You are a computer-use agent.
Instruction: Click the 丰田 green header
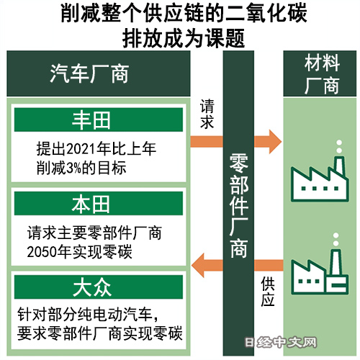(99, 120)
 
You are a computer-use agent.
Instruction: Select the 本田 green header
(99, 203)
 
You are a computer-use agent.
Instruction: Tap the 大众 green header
(99, 287)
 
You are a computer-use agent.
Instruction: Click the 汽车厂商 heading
(89, 73)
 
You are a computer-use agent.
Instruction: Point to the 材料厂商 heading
(322, 73)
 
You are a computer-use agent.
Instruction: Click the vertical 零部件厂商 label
(238, 206)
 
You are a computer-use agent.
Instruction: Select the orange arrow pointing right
(236, 142)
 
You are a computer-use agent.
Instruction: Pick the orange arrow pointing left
(237, 265)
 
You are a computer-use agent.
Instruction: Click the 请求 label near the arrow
(207, 114)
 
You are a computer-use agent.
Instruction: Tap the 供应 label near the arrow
(268, 291)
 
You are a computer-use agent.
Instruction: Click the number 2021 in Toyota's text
(81, 149)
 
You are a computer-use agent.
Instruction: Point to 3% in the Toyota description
(73, 168)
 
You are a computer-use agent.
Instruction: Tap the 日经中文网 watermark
(281, 343)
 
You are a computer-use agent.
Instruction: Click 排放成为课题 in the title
(184, 38)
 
